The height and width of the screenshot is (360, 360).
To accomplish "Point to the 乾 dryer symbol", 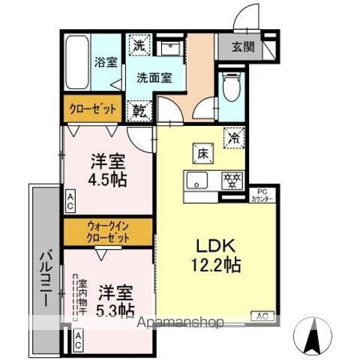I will click(139, 111).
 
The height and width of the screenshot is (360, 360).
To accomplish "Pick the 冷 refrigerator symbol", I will click(234, 137).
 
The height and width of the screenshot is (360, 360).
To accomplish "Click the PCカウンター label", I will click(257, 195).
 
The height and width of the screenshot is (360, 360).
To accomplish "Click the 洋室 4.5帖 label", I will click(107, 170).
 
